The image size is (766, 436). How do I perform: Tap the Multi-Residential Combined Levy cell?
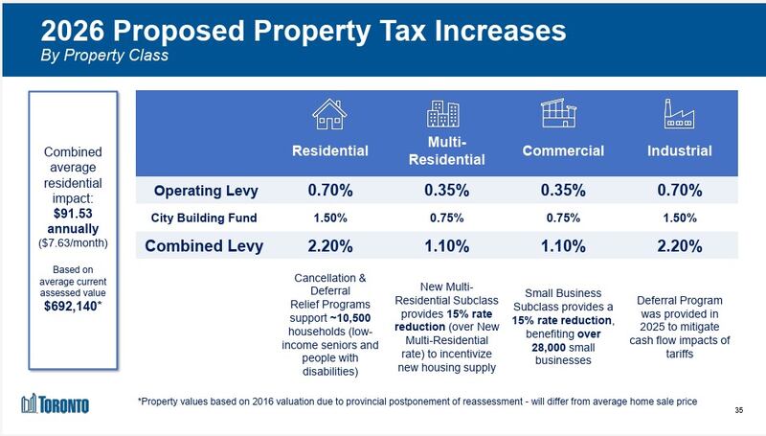(x=445, y=245)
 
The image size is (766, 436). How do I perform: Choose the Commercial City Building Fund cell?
(x=562, y=217)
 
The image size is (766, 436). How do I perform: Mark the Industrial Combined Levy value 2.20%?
(x=679, y=245)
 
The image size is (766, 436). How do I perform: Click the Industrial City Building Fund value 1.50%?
(x=679, y=217)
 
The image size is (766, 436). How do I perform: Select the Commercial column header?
(x=562, y=150)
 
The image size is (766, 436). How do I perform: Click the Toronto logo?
(x=56, y=404)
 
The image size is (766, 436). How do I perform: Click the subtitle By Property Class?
(x=104, y=56)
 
